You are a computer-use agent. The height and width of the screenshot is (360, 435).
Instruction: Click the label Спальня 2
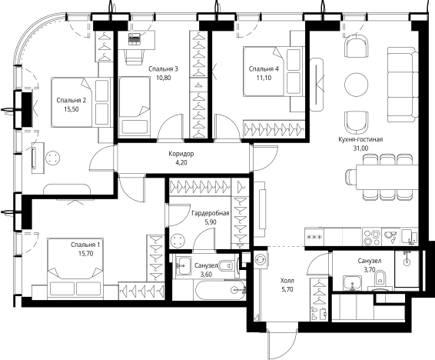[x=71, y=100]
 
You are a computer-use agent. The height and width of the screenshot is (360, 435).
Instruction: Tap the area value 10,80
[x=163, y=78]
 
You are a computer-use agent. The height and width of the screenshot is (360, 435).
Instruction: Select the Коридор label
[x=181, y=154]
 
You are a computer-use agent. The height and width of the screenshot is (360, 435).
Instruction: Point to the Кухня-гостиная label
[x=360, y=139]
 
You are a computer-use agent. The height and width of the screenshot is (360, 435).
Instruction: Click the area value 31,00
[x=360, y=148]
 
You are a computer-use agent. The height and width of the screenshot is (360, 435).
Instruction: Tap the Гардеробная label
[x=211, y=213]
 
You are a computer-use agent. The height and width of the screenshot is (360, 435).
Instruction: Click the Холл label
[x=287, y=281]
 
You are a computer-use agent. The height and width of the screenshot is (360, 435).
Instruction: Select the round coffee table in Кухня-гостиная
[x=357, y=84]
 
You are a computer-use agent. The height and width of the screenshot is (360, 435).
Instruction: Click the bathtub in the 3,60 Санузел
[x=221, y=290]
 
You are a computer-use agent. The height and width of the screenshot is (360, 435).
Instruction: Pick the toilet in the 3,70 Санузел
[x=380, y=279]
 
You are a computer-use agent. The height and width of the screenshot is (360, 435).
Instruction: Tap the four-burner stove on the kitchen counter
[x=372, y=237]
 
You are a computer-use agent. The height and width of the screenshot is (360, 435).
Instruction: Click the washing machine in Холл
[x=261, y=259]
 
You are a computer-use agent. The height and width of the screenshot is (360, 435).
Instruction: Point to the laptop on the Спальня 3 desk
[x=134, y=38]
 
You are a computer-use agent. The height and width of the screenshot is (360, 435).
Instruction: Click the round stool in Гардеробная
[x=178, y=240]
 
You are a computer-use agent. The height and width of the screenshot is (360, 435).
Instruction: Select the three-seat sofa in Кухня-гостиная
[x=403, y=85]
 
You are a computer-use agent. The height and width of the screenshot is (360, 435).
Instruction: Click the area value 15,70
[x=86, y=254]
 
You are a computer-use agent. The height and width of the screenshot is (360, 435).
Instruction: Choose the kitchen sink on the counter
[x=390, y=236]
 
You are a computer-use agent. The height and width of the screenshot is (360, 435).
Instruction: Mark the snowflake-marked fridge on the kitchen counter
[x=314, y=237]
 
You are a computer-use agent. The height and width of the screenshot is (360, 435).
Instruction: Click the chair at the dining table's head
[x=350, y=176]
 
